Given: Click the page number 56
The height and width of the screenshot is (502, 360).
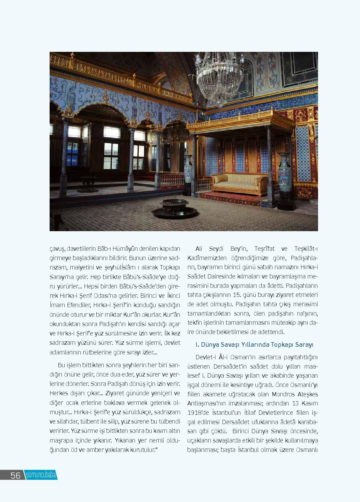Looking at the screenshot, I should pos(15,475).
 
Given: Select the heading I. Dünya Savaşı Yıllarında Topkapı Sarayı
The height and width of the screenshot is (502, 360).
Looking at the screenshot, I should pos(254,345).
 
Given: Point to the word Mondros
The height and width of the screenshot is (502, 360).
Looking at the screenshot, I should pos(285,394).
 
